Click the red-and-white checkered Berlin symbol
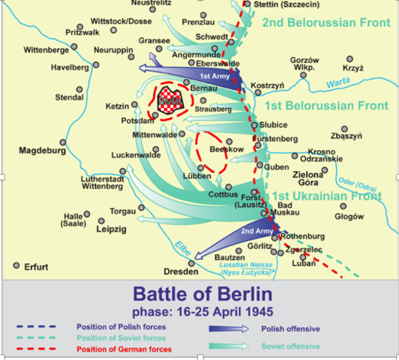pos(171,97)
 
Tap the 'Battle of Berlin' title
pos(202,293)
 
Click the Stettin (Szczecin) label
pos(289,4)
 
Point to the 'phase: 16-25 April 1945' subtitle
pos(202,310)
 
